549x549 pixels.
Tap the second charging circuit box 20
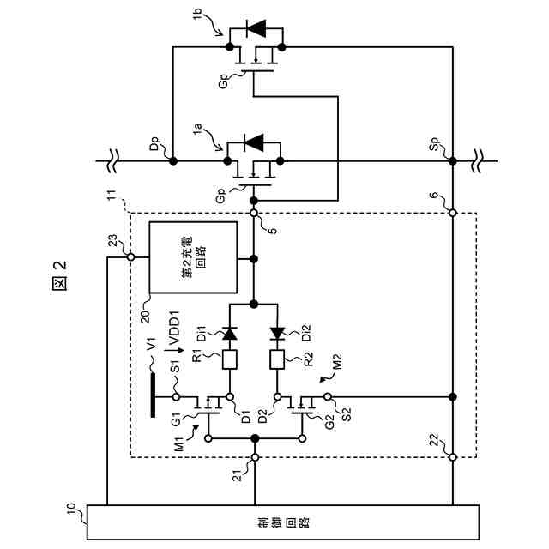click(x=194, y=256)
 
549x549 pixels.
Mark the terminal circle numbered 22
click(x=452, y=457)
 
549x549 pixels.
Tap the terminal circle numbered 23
click(x=130, y=256)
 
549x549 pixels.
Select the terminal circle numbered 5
click(x=255, y=213)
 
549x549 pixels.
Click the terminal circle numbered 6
click(x=452, y=213)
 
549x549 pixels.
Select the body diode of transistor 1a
click(x=254, y=141)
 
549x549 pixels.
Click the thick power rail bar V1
click(x=153, y=389)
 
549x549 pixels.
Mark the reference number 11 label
click(x=112, y=202)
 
